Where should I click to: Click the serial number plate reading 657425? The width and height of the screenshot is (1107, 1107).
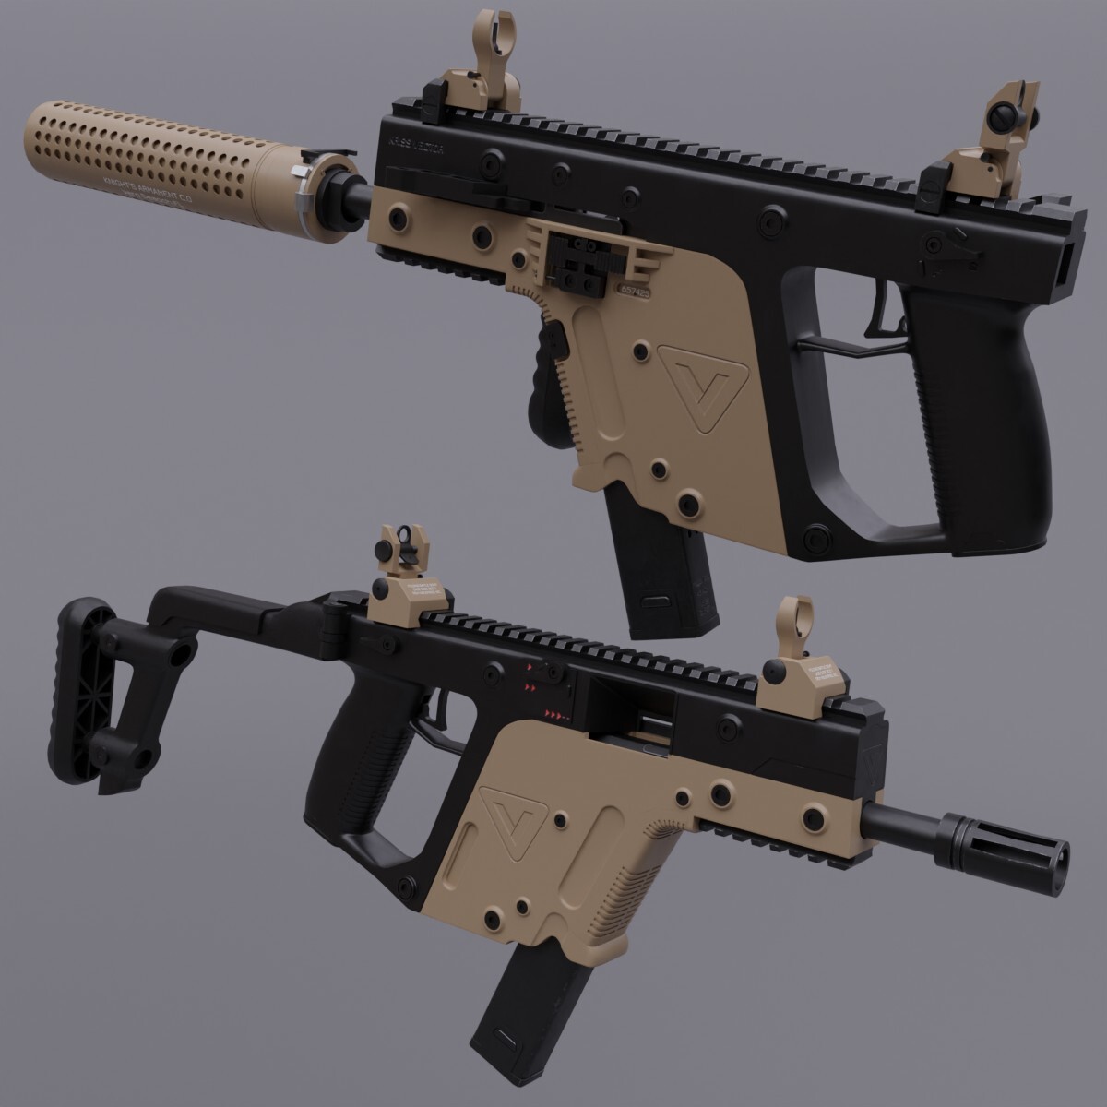pyautogui.click(x=634, y=290)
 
